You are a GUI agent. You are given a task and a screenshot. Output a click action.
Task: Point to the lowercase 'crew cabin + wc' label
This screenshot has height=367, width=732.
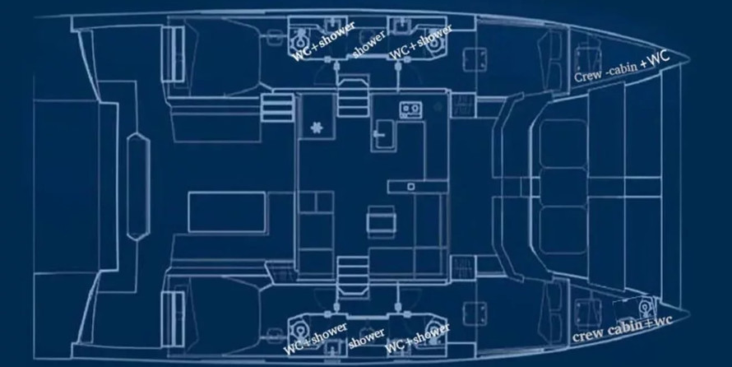[x=623, y=328]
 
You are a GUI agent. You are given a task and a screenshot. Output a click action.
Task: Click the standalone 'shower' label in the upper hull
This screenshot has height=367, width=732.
[x=369, y=44]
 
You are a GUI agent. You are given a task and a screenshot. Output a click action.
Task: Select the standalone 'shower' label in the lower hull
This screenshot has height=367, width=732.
[x=366, y=338]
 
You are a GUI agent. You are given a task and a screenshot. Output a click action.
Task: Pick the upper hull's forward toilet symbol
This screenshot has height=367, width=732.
[x=435, y=40]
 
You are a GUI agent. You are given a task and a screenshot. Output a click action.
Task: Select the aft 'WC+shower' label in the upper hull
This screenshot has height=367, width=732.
[x=323, y=41]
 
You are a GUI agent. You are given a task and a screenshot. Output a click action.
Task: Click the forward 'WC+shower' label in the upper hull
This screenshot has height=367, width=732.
[x=420, y=42]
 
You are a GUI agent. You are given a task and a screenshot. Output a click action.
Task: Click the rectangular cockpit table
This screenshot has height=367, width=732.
[x=227, y=213]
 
